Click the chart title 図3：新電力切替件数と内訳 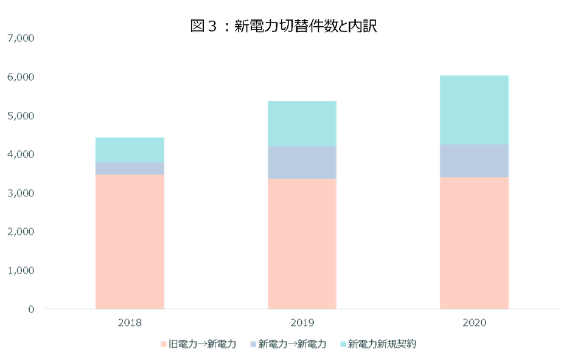click(x=284, y=26)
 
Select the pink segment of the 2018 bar click(x=130, y=241)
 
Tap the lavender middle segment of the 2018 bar click(x=130, y=168)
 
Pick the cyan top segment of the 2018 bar click(x=130, y=150)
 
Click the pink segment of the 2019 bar click(x=302, y=243)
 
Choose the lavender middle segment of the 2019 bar click(x=302, y=162)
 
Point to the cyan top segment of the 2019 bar click(x=302, y=123)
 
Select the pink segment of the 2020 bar click(x=474, y=243)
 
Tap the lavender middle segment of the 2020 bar click(x=474, y=161)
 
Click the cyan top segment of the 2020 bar click(x=474, y=109)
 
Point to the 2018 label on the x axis click(x=130, y=322)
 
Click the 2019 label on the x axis click(x=302, y=322)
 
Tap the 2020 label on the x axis click(x=474, y=322)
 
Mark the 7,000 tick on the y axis click(x=21, y=38)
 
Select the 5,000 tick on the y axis click(x=21, y=116)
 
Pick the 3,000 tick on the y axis click(x=21, y=193)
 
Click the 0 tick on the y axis click(x=31, y=309)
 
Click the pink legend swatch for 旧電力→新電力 click(x=163, y=345)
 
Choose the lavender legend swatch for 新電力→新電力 click(x=253, y=345)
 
